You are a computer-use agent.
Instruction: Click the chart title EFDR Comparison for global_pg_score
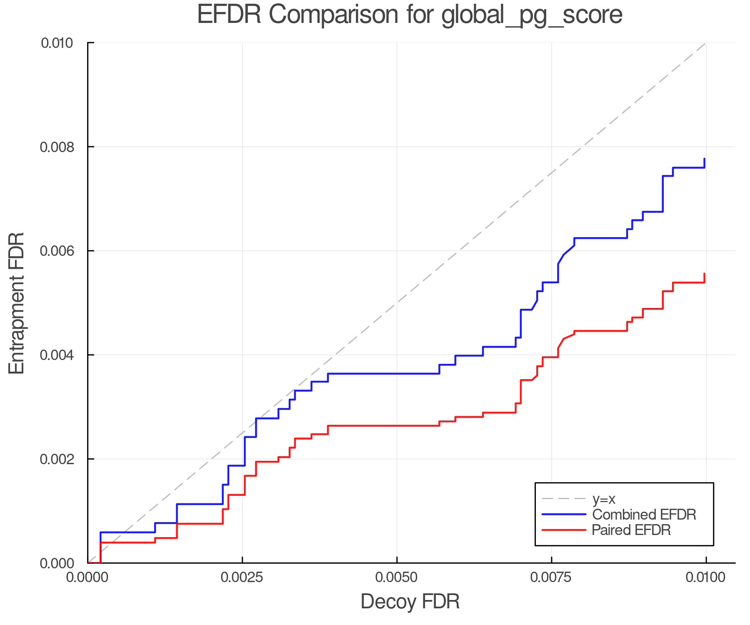coord(410,15)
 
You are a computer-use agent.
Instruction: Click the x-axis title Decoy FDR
coord(410,602)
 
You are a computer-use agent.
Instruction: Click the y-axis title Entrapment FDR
coord(17,303)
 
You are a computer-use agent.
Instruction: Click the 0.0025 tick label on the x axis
coord(242,577)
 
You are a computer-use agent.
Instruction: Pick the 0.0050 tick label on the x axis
coord(397,577)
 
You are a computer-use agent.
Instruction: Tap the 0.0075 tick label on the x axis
coord(551,577)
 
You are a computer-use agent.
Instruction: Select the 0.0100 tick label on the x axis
coord(705,577)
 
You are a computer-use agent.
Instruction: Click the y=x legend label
coord(604,499)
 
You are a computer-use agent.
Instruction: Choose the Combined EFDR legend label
coord(644,515)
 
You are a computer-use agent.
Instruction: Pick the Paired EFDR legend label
coord(631,530)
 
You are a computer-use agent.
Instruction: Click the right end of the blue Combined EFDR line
coord(704,159)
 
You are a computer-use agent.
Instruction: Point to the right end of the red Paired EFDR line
coord(704,274)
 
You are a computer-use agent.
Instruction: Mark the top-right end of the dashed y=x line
coord(705,43)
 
